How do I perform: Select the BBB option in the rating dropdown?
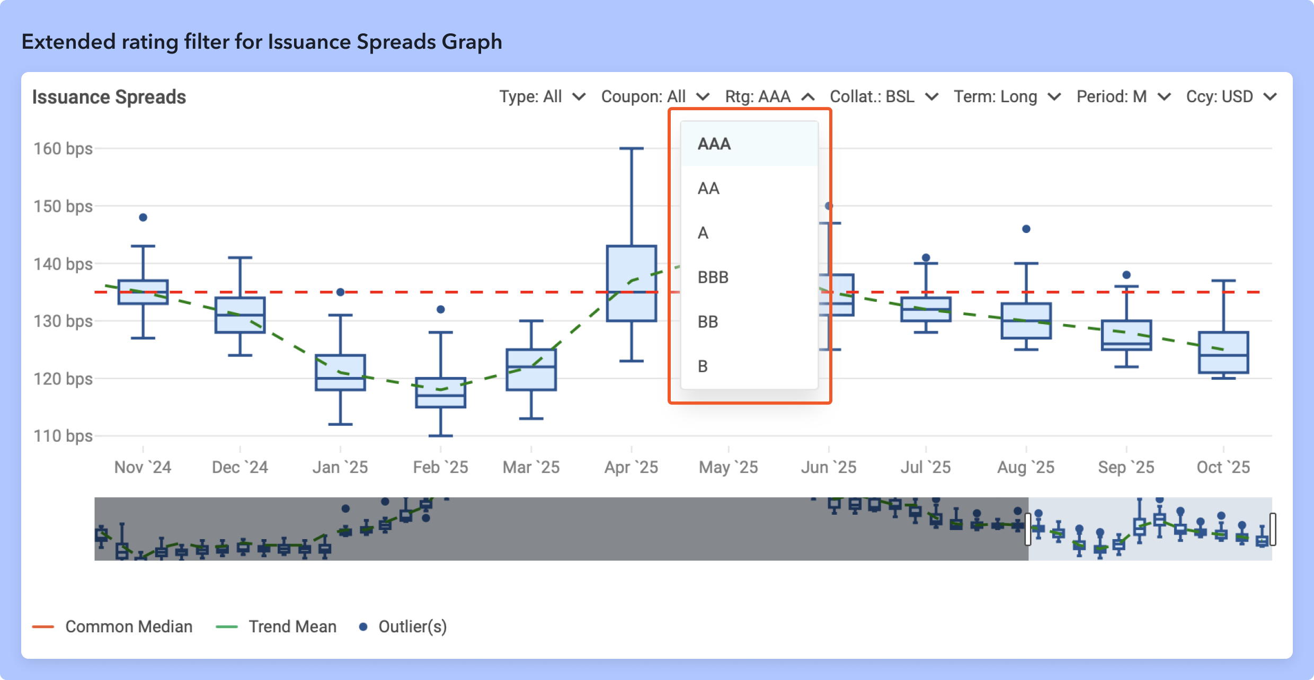click(x=713, y=277)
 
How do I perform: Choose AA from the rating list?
click(x=708, y=188)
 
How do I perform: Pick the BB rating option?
click(x=708, y=321)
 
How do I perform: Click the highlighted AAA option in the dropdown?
click(x=714, y=144)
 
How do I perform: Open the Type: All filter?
click(x=541, y=96)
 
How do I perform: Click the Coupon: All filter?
click(x=655, y=96)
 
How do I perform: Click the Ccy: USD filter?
click(x=1231, y=96)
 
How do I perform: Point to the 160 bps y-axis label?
click(x=63, y=148)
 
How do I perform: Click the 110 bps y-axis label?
click(x=63, y=436)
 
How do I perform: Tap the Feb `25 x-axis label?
click(x=440, y=467)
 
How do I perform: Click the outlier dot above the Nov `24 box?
click(x=143, y=218)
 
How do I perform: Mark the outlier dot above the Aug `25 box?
click(x=1026, y=229)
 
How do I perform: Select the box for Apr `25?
click(x=632, y=283)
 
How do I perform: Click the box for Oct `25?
click(x=1223, y=353)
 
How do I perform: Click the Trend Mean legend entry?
click(x=292, y=627)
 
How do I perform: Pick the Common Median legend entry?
click(x=128, y=627)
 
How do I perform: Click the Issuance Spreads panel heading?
click(x=109, y=97)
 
